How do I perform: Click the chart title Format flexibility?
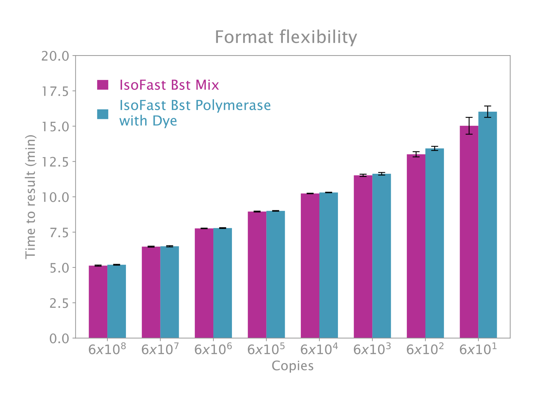click(286, 37)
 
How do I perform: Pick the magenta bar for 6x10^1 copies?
click(469, 232)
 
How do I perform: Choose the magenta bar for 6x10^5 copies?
click(257, 275)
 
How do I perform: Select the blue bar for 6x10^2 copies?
click(435, 243)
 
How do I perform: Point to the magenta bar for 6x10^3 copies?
click(363, 257)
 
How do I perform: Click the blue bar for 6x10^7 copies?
click(170, 292)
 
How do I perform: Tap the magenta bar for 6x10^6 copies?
click(204, 283)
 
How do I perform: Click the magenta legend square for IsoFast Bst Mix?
click(103, 85)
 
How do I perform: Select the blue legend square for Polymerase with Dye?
click(103, 114)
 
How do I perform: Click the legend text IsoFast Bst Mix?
click(169, 85)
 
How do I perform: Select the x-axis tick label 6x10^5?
click(266, 349)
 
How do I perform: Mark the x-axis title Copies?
click(293, 366)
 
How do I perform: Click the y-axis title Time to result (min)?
click(30, 197)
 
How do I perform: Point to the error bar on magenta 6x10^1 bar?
click(469, 126)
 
